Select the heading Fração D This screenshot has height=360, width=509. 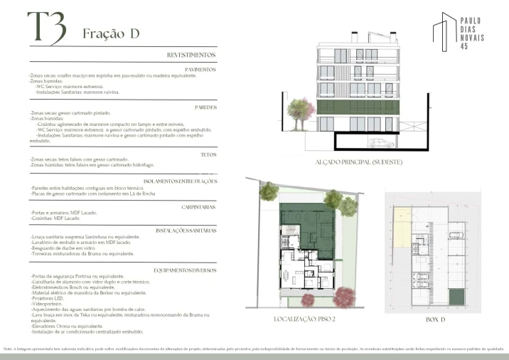[x=110, y=33]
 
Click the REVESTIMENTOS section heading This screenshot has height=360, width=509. [x=191, y=55]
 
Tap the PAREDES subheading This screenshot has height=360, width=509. [x=205, y=107]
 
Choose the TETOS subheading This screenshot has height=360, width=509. [x=208, y=154]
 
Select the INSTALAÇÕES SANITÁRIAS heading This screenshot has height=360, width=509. [x=186, y=231]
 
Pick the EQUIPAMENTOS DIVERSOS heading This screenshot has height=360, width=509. [x=185, y=270]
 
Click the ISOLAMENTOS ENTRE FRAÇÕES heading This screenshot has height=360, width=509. [x=180, y=181]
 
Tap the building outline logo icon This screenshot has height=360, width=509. [x=445, y=32]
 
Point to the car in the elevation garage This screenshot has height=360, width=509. [x=382, y=143]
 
